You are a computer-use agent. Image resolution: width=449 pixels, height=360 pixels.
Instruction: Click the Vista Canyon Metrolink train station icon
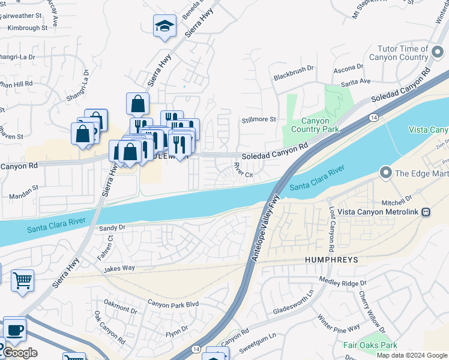click(x=426, y=212)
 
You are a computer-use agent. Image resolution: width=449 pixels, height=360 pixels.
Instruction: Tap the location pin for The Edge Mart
click(x=385, y=173)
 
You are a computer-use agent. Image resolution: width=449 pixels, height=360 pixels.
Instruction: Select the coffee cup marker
click(x=14, y=329)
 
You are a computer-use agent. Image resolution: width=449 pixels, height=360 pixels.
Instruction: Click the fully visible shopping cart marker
click(x=22, y=280)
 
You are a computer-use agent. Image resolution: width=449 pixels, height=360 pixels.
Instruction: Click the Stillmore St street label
click(x=259, y=119)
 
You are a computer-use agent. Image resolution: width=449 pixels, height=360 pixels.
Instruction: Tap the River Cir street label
click(x=243, y=175)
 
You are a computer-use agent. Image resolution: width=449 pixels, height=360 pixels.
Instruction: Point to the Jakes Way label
click(x=119, y=269)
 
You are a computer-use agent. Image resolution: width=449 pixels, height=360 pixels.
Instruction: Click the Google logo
click(x=20, y=353)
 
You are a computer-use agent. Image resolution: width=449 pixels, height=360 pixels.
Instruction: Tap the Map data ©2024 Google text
click(x=412, y=355)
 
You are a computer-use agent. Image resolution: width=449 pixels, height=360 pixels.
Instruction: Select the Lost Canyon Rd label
click(x=331, y=230)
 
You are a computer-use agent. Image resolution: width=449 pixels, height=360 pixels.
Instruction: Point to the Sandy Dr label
click(x=112, y=227)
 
